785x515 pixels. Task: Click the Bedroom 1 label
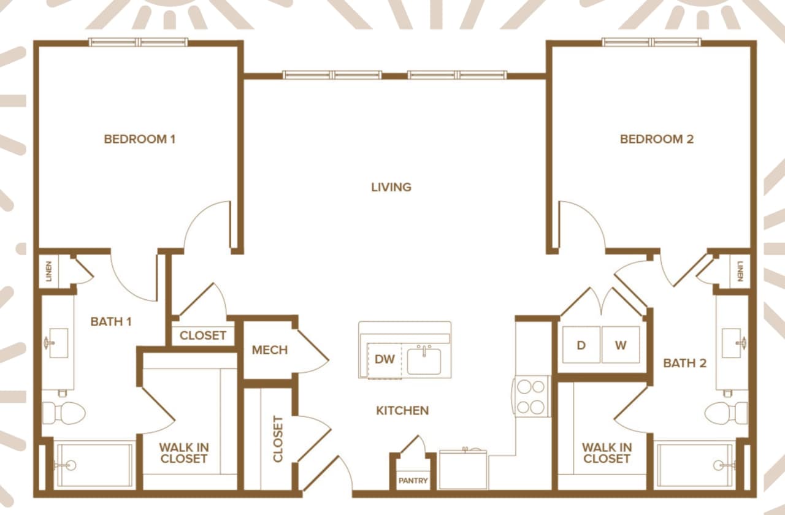click(x=140, y=139)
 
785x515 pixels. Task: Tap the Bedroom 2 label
click(x=657, y=139)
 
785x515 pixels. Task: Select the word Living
click(x=391, y=187)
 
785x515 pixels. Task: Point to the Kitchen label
click(x=402, y=411)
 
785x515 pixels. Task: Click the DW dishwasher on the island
click(x=385, y=360)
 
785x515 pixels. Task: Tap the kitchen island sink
click(x=424, y=360)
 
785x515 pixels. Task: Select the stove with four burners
click(x=532, y=397)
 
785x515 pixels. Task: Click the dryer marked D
click(x=581, y=345)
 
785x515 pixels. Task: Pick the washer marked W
click(x=621, y=345)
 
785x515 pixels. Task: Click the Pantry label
click(x=413, y=481)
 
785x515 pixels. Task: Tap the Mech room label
click(x=270, y=351)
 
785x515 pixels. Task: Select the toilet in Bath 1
click(x=64, y=413)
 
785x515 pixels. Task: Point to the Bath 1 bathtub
click(x=93, y=466)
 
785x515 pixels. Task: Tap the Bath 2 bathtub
click(x=695, y=466)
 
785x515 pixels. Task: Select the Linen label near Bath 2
click(x=740, y=272)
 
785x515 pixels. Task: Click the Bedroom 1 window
click(x=138, y=42)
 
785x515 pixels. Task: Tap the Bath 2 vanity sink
click(x=732, y=343)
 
